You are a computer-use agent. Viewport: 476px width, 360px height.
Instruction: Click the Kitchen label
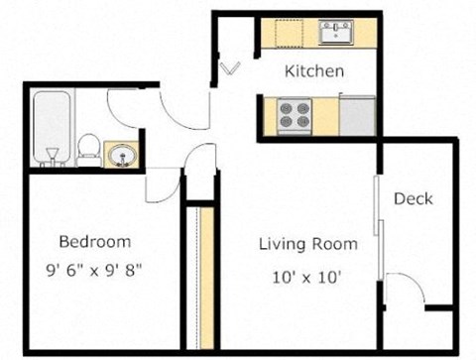click(x=314, y=71)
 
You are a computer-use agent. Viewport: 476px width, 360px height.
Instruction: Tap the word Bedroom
click(x=95, y=242)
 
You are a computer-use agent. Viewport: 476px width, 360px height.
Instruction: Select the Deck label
click(x=414, y=198)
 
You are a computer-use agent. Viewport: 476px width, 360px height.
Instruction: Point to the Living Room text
click(x=308, y=244)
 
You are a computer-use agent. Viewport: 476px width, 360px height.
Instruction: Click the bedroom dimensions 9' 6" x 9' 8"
click(x=94, y=271)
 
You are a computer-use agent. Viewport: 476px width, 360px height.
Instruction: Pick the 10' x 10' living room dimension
click(x=306, y=277)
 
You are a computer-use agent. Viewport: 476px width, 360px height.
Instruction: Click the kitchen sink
click(x=336, y=32)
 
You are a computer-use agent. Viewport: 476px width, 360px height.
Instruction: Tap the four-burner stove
click(x=295, y=116)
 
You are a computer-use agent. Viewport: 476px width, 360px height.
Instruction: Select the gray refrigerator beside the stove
click(x=357, y=115)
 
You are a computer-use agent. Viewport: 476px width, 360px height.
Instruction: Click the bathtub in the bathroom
click(x=53, y=128)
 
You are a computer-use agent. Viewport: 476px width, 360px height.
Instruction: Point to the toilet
click(x=89, y=150)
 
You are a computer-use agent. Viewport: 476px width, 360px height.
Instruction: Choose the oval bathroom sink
click(x=123, y=156)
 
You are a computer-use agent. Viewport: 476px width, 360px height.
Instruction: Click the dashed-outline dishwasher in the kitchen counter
click(x=290, y=33)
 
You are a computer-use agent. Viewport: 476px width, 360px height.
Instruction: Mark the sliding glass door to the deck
click(x=379, y=228)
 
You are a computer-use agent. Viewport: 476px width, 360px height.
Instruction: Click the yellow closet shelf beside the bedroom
click(x=207, y=278)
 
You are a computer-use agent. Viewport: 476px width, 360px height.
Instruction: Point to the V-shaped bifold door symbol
click(x=230, y=68)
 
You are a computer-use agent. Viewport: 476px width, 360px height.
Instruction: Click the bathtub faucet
click(x=53, y=157)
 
